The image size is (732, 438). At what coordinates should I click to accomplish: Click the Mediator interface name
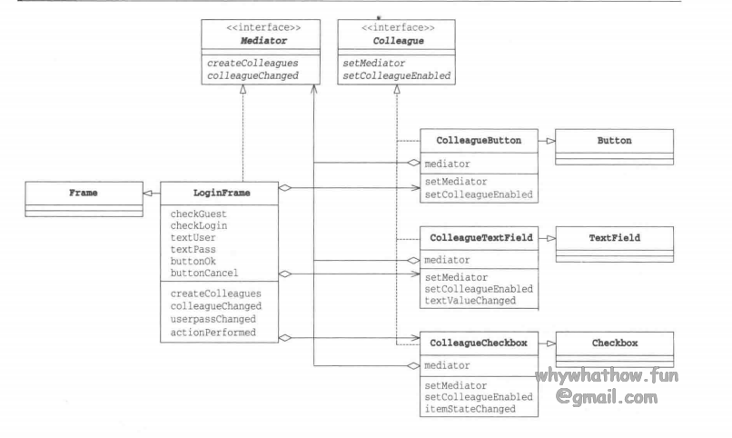point(242,39)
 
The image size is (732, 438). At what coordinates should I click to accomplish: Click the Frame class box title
point(84,193)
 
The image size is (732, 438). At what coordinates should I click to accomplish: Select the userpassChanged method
point(213,320)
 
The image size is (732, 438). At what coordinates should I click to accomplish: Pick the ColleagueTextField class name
point(480,238)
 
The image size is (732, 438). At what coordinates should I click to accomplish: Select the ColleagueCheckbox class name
point(479,344)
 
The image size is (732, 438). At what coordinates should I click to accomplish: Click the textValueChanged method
point(471,300)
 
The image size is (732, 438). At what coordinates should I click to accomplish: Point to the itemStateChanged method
point(471,408)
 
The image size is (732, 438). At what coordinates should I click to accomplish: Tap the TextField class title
point(615,238)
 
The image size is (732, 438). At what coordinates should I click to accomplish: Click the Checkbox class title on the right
point(615,344)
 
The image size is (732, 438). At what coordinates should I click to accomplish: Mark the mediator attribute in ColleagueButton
point(448,165)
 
